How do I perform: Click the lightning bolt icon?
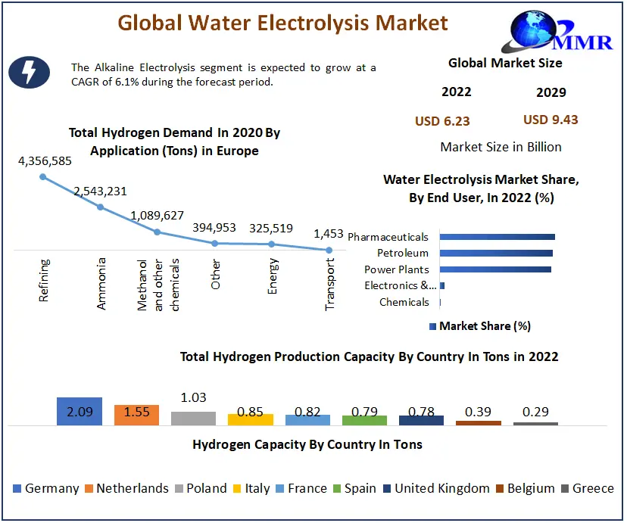tap(29, 73)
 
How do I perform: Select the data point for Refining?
tap(43, 177)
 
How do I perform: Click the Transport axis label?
tap(330, 283)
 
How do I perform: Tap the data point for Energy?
tap(272, 244)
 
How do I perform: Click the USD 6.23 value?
tap(442, 120)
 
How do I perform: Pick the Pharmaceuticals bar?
tap(497, 237)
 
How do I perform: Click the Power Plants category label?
tap(396, 269)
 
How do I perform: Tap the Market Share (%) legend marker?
tap(433, 326)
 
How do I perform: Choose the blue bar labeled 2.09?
tap(80, 411)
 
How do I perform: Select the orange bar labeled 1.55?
tap(136, 415)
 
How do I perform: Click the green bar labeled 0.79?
tap(364, 419)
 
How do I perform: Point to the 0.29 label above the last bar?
tap(535, 412)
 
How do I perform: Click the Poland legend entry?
tap(201, 488)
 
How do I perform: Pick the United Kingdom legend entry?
tap(435, 488)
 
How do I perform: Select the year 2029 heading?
tap(551, 92)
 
